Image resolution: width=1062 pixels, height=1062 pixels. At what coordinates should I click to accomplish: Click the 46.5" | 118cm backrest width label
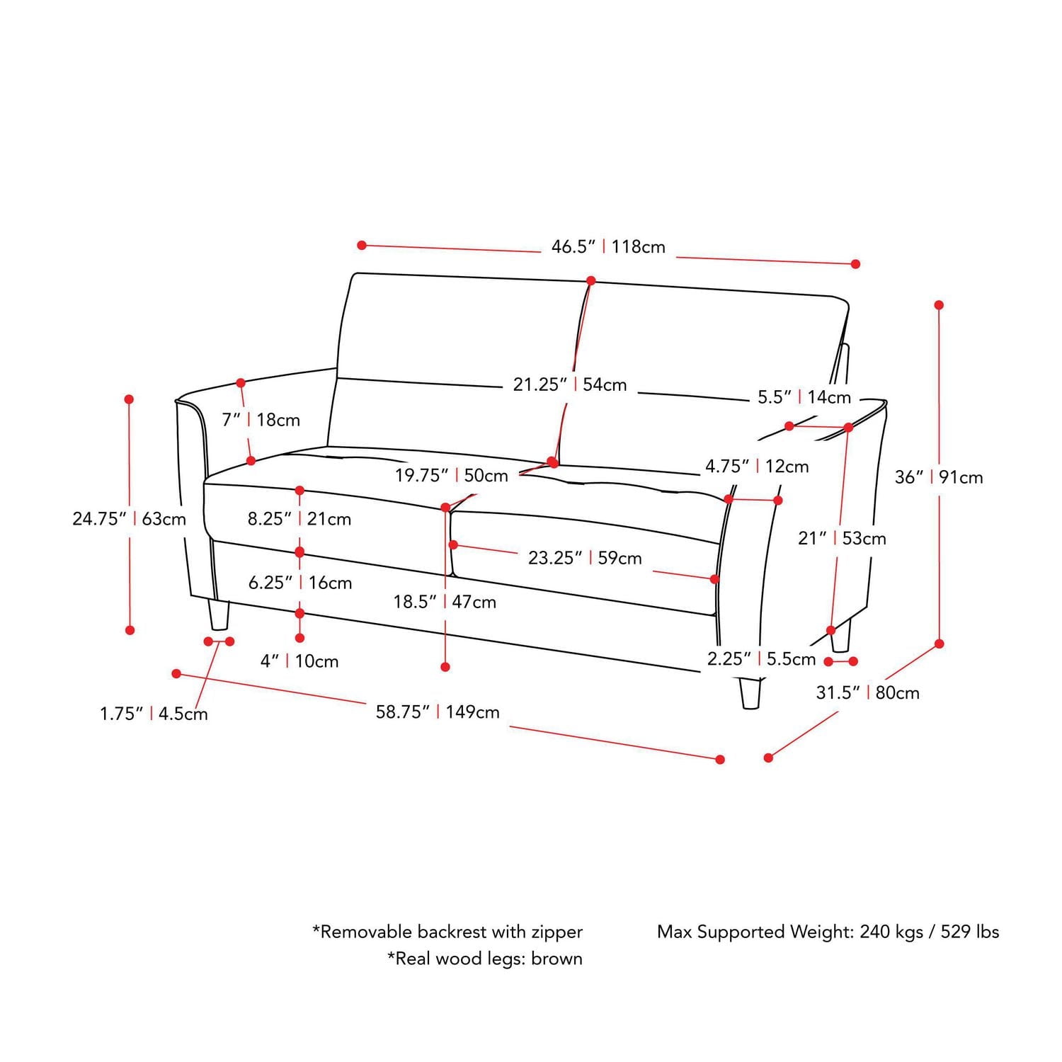click(608, 247)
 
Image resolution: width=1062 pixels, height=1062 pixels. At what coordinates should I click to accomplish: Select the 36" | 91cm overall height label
click(939, 477)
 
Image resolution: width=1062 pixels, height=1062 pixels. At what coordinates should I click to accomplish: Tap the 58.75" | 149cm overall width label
click(438, 712)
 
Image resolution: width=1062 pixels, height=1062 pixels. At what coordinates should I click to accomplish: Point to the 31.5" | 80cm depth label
click(867, 692)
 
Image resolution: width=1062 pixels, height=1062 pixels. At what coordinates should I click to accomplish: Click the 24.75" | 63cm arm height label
click(130, 519)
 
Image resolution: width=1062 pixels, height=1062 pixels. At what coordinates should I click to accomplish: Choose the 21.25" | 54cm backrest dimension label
click(570, 384)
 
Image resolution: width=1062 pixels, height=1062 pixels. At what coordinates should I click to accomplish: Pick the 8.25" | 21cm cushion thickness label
click(299, 519)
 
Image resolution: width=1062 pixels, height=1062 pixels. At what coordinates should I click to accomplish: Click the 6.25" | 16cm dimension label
click(300, 583)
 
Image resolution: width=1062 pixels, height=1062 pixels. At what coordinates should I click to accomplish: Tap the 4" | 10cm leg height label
click(299, 661)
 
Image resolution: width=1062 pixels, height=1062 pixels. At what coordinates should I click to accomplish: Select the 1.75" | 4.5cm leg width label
click(154, 714)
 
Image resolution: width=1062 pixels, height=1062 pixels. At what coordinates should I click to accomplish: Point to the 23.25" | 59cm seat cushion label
click(585, 558)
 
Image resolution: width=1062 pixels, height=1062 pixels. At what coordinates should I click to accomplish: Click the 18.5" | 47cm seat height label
click(445, 602)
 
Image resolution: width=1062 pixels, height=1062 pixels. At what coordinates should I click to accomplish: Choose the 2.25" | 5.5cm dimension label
click(762, 659)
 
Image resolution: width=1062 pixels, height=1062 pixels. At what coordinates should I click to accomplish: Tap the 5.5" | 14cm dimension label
click(804, 397)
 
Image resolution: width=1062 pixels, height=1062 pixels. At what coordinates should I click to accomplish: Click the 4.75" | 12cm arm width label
click(757, 467)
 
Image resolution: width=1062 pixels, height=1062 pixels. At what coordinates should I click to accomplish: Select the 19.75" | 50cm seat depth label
click(452, 476)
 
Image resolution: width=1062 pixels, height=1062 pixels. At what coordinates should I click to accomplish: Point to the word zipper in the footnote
click(556, 932)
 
